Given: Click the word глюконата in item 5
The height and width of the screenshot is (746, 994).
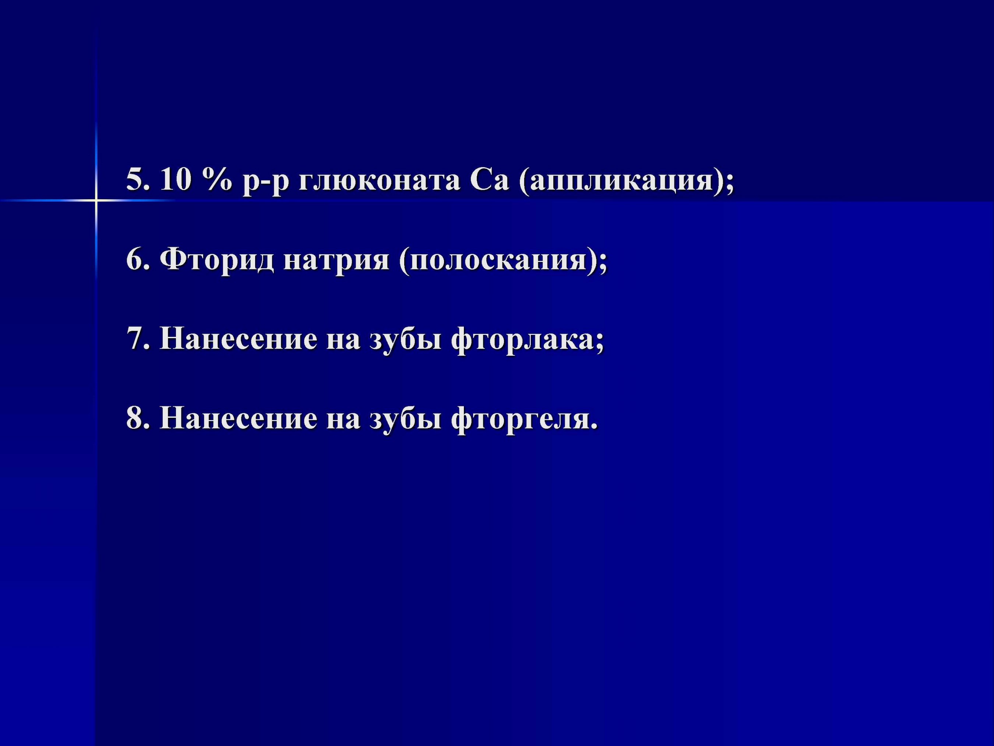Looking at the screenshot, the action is [x=379, y=181].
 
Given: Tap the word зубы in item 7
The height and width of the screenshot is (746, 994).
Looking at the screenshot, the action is [x=405, y=340].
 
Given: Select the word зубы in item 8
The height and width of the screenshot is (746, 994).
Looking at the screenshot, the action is [x=405, y=418].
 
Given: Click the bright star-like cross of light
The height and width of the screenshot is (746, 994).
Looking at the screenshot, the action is [x=96, y=200].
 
